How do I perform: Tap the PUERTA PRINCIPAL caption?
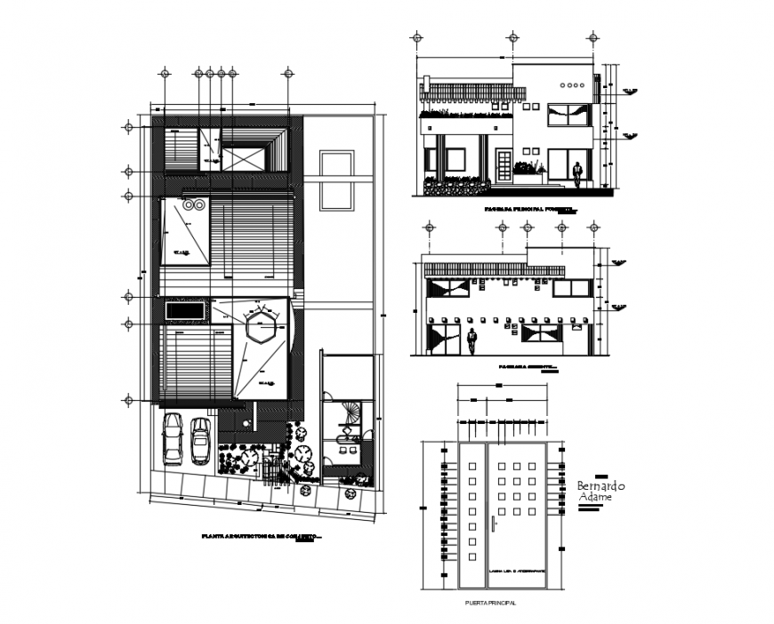pyautogui.click(x=490, y=604)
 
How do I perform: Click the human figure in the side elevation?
pyautogui.click(x=473, y=340)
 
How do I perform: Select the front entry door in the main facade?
pyautogui.click(x=503, y=167)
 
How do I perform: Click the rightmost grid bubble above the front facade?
pyautogui.click(x=592, y=37)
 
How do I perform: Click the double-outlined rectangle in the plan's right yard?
pyautogui.click(x=335, y=180)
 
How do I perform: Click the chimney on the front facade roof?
pyautogui.click(x=425, y=85)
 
